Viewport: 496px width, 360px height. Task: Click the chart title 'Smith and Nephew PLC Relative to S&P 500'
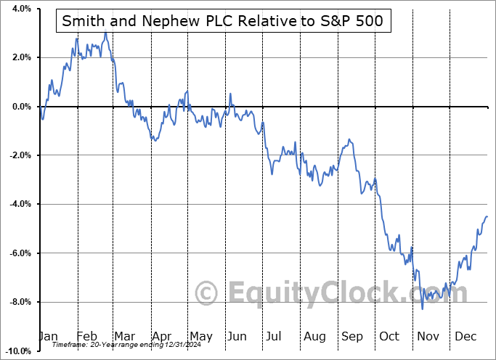coord(224,22)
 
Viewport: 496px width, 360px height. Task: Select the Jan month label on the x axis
coord(48,337)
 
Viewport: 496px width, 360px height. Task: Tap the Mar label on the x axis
coord(124,337)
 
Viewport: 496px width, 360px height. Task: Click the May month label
coord(200,337)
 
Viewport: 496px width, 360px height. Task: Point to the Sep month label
coord(353,337)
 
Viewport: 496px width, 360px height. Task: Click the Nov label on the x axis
coord(429,337)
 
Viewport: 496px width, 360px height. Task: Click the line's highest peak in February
coord(105,33)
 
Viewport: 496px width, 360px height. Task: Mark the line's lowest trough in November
coord(423,309)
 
